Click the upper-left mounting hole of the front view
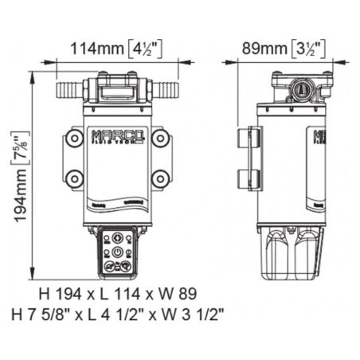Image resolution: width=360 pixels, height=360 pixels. click(74, 139)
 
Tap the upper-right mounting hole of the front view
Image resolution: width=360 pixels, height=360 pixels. click(160, 139)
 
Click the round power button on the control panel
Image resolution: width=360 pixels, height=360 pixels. click(117, 248)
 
